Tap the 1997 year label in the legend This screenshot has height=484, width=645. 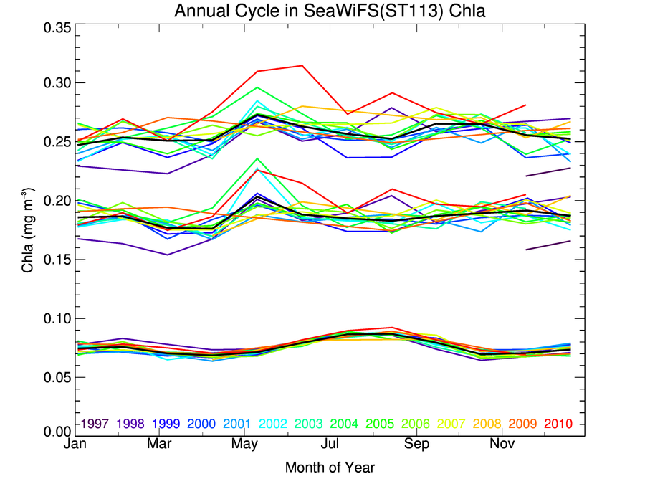click(x=95, y=424)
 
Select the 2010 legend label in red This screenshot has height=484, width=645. click(x=558, y=424)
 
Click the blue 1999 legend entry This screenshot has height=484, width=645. click(x=166, y=424)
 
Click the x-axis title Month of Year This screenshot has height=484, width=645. click(x=330, y=468)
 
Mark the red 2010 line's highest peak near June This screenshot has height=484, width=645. click(x=302, y=65)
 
